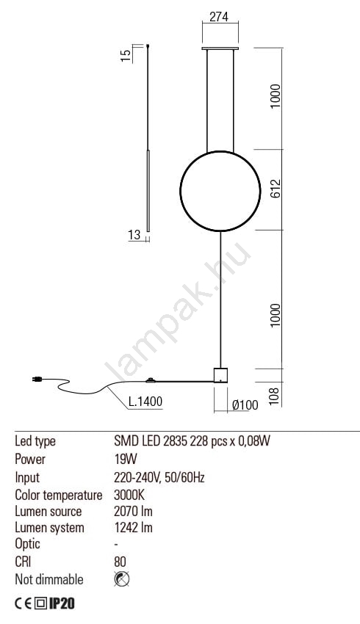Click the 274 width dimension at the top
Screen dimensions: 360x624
(x=219, y=17)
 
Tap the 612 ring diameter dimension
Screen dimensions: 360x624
(x=276, y=188)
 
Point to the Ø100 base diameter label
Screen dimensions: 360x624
(x=245, y=405)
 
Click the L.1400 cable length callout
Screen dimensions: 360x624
(x=145, y=401)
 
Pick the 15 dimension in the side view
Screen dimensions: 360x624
(x=126, y=55)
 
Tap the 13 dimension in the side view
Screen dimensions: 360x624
(x=134, y=235)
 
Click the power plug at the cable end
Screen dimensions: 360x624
(x=37, y=380)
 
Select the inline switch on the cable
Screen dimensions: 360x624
(x=151, y=380)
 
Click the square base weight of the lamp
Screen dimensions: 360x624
(x=220, y=375)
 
